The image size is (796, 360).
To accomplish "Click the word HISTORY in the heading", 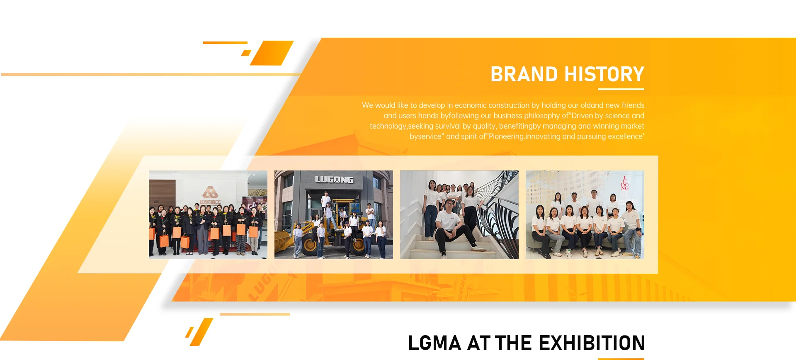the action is tap(604, 75).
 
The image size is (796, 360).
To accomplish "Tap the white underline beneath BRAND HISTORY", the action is tap(621, 89).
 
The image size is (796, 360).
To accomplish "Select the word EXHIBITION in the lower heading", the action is tap(592, 343).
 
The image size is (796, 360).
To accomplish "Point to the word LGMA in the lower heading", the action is tap(435, 343).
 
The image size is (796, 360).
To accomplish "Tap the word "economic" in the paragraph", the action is tap(471, 105).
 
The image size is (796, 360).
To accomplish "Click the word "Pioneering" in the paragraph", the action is tap(507, 136).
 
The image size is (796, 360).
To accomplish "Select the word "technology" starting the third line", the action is tap(388, 126).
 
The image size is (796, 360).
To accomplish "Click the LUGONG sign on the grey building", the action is tap(334, 180).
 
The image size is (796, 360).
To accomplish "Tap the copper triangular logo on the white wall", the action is tap(210, 192).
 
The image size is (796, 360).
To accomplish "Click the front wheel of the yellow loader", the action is tap(310, 245).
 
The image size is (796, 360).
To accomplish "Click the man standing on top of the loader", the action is tap(326, 201).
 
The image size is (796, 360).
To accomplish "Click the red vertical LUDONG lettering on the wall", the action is tap(625, 183).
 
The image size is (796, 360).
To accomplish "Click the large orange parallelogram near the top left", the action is tap(272, 53).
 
